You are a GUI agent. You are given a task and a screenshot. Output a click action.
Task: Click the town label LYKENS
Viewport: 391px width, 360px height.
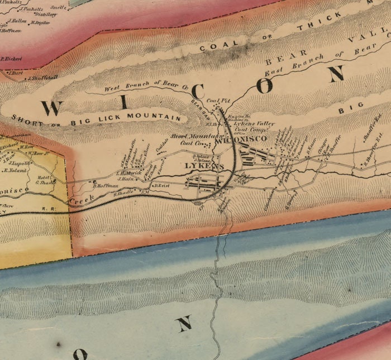pos(204,166)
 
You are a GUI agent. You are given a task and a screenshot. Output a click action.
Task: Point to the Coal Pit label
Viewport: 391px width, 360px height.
pos(214,100)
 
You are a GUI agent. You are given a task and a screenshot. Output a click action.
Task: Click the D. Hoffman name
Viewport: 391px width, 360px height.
pos(106,185)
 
